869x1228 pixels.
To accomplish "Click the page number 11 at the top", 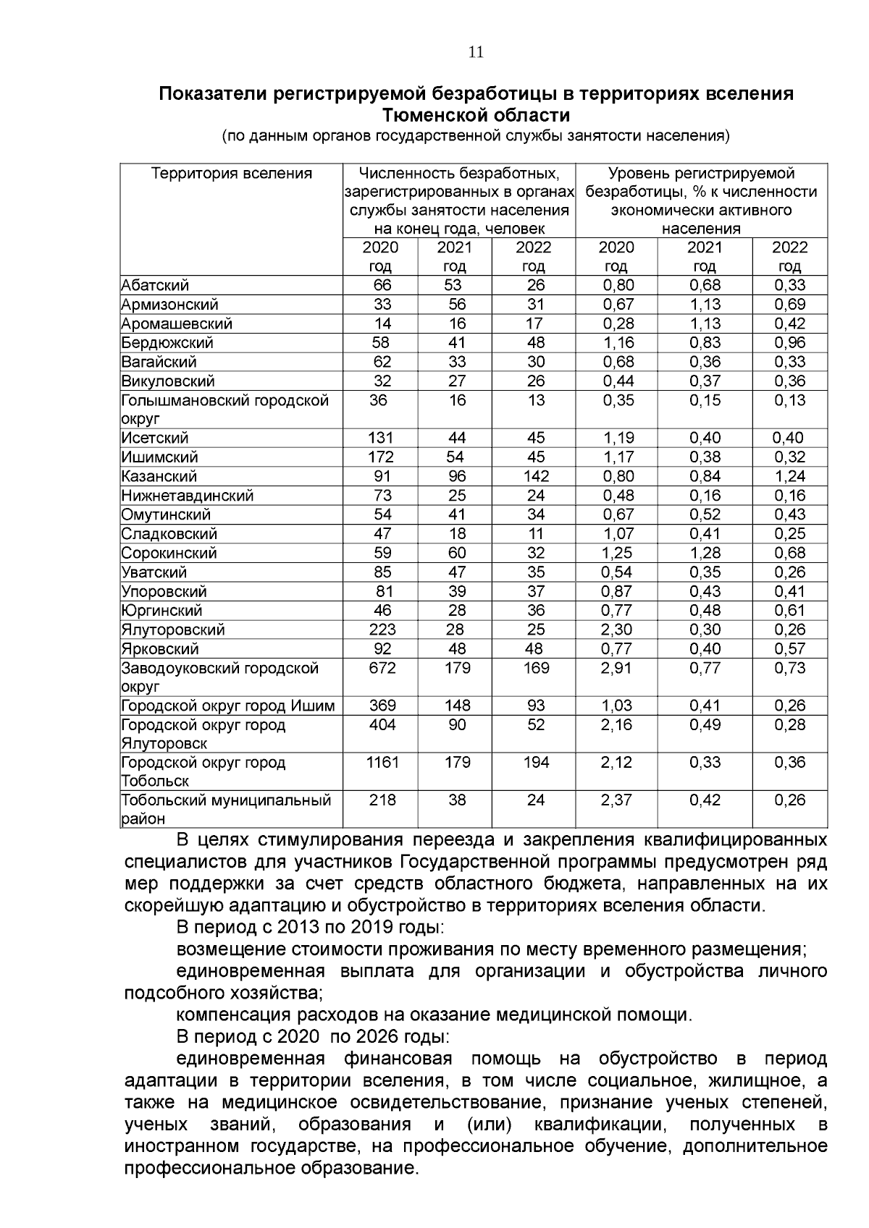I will [476, 52].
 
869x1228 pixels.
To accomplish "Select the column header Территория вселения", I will [231, 174].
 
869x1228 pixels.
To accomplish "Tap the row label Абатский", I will [155, 285].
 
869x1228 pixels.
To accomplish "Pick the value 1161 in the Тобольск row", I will [382, 763].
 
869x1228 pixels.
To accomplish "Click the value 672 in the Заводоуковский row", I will [382, 668].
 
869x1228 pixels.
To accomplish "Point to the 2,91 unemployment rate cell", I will [617, 668].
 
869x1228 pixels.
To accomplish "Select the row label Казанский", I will [159, 476].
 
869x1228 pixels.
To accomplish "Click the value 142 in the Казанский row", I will [536, 476].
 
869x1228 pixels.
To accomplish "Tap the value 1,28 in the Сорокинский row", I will [705, 553].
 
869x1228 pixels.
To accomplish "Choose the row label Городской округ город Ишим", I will [227, 706].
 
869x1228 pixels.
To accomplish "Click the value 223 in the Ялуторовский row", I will [382, 630].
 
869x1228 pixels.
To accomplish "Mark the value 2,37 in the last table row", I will [617, 800].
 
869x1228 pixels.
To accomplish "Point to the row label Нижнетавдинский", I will [187, 496].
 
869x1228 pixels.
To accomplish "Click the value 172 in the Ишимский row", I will [382, 457].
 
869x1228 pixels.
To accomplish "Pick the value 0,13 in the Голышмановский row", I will [789, 400].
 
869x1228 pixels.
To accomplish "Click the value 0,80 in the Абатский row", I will [617, 285].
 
